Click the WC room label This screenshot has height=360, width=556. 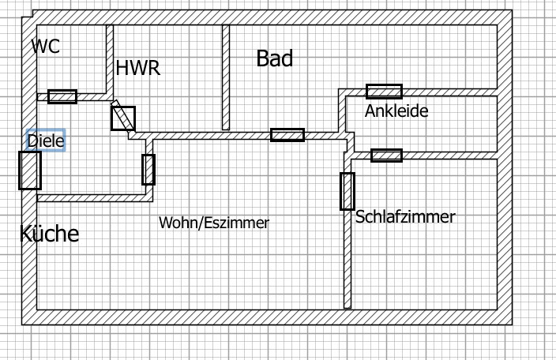tap(45, 46)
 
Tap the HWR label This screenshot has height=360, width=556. tap(137, 68)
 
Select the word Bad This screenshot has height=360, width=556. tap(274, 58)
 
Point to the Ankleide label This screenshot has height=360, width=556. tap(396, 111)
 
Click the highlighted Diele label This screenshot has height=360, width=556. tap(45, 141)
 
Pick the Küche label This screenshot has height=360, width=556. tap(49, 234)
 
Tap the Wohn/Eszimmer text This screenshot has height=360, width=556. tap(214, 223)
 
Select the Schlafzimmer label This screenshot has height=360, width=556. tap(405, 216)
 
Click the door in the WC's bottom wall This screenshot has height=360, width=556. tap(62, 96)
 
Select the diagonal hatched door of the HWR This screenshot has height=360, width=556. tap(122, 118)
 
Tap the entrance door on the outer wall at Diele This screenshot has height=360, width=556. tap(30, 170)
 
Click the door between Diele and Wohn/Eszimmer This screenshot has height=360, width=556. tap(148, 169)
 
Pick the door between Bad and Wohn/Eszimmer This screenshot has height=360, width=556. tap(287, 135)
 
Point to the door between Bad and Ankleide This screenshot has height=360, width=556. tap(384, 92)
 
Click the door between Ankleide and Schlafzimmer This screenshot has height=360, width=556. tap(386, 156)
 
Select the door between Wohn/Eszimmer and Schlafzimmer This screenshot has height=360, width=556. tap(347, 190)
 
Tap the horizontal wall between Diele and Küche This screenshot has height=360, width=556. tap(87, 197)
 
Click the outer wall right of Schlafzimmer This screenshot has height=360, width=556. tap(504, 237)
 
